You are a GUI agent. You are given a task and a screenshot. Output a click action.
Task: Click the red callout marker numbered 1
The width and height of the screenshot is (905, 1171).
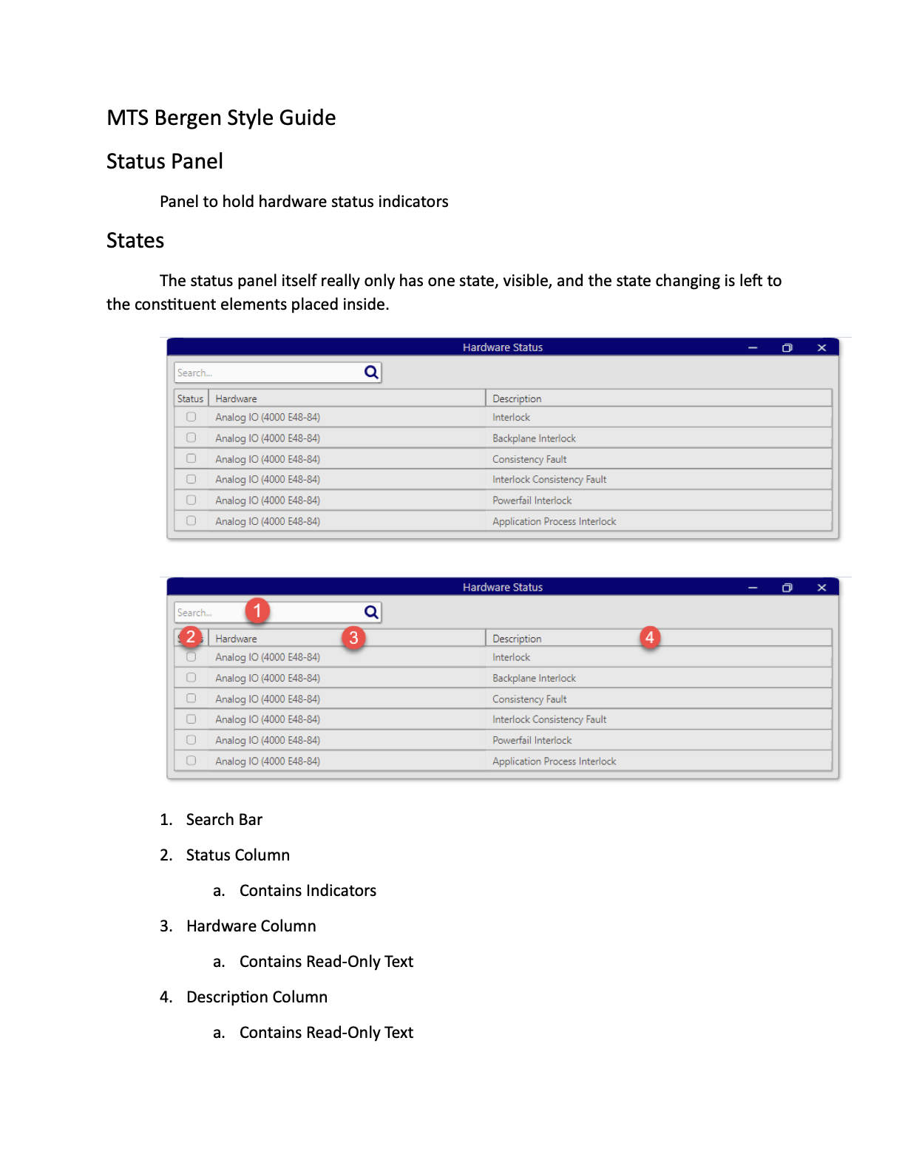click(257, 611)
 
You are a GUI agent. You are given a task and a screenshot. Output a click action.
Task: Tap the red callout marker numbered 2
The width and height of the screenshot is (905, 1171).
click(191, 637)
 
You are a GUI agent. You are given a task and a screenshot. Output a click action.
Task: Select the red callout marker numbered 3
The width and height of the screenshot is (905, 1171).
click(353, 637)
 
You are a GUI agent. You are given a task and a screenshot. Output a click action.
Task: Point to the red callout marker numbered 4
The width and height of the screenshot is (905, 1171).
click(649, 637)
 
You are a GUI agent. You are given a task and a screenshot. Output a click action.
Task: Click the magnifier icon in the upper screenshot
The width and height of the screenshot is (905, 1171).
click(371, 373)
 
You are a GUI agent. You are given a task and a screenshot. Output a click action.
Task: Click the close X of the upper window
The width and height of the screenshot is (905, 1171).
click(821, 347)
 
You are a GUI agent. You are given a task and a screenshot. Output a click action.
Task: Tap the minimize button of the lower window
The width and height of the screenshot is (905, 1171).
click(753, 588)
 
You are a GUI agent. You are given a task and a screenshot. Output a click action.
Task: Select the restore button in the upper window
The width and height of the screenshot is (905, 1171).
click(787, 347)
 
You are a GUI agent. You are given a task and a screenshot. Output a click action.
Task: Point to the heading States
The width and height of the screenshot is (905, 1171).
click(135, 241)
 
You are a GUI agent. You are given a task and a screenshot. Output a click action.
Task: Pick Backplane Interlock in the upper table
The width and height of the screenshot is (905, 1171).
click(534, 438)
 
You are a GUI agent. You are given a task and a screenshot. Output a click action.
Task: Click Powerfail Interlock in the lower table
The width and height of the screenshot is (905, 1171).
click(532, 740)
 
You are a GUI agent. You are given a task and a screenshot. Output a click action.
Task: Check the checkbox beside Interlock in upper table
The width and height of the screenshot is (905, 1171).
click(191, 417)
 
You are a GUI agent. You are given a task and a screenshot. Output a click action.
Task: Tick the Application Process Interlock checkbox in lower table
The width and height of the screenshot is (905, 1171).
click(191, 761)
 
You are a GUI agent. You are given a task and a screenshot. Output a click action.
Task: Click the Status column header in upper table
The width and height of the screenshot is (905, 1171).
click(190, 398)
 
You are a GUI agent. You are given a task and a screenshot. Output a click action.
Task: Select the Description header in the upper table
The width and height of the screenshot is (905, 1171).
click(517, 398)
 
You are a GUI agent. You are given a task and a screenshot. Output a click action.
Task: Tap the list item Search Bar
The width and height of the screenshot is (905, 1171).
click(224, 820)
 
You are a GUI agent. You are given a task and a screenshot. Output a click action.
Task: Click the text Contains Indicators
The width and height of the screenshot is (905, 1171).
click(308, 891)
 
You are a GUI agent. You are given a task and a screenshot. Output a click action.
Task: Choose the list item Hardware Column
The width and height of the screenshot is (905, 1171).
click(251, 926)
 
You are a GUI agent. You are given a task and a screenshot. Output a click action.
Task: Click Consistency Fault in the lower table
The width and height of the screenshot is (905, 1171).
click(529, 699)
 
